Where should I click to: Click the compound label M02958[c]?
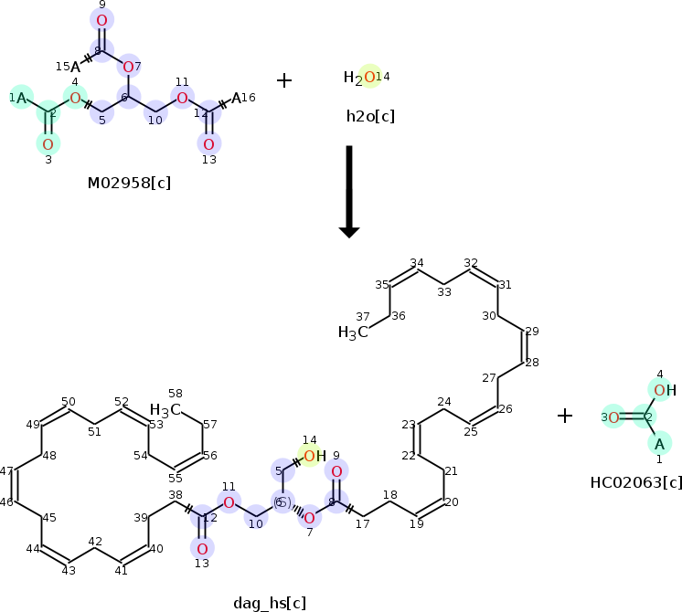click(x=129, y=183)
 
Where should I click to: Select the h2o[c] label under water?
click(x=370, y=116)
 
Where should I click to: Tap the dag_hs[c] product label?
click(x=270, y=601)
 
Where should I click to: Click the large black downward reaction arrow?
click(x=349, y=192)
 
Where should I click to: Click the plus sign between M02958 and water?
click(x=284, y=80)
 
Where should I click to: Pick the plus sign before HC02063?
click(x=565, y=417)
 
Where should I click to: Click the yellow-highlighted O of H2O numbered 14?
click(x=368, y=78)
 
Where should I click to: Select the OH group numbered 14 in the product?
click(x=314, y=456)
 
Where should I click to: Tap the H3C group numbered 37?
click(x=353, y=332)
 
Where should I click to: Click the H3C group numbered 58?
click(x=165, y=409)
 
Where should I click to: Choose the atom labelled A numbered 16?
click(x=237, y=98)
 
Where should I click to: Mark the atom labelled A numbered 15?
click(x=76, y=66)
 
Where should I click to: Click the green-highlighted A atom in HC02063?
click(x=657, y=443)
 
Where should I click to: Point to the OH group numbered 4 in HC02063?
click(x=664, y=391)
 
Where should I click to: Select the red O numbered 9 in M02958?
click(x=101, y=20)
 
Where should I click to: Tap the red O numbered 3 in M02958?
click(x=48, y=143)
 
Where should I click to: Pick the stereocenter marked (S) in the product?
click(x=282, y=503)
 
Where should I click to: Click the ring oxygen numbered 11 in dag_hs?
click(x=229, y=501)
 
